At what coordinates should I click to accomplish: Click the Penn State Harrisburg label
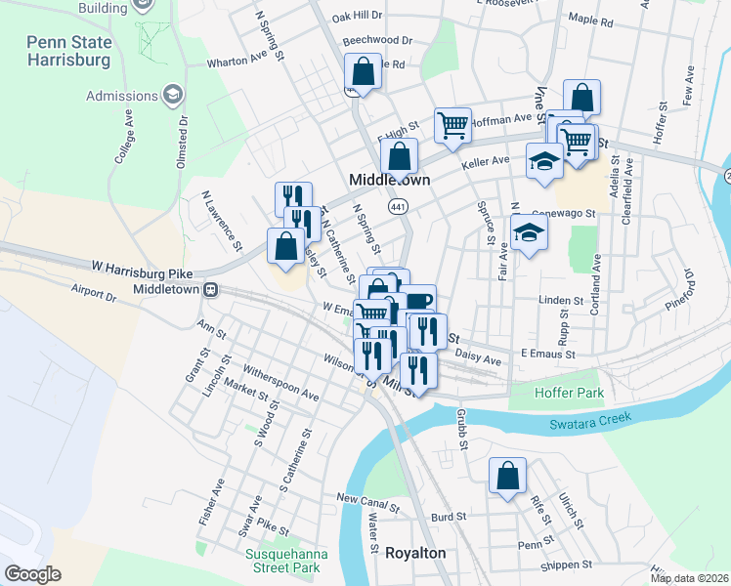point(82,51)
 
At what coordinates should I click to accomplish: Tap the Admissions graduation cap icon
point(173,96)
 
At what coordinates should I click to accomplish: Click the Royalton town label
point(415,553)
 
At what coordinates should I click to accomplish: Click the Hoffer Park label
point(570,393)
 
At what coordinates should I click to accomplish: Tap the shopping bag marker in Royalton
point(508,477)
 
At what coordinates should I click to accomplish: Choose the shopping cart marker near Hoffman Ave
point(452,124)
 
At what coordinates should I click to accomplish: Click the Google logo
point(32,573)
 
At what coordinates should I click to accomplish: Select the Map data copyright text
point(690,578)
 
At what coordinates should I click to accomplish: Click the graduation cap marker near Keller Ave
point(544,161)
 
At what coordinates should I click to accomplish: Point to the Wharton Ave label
point(236,61)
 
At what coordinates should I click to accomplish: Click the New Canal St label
point(368,502)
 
